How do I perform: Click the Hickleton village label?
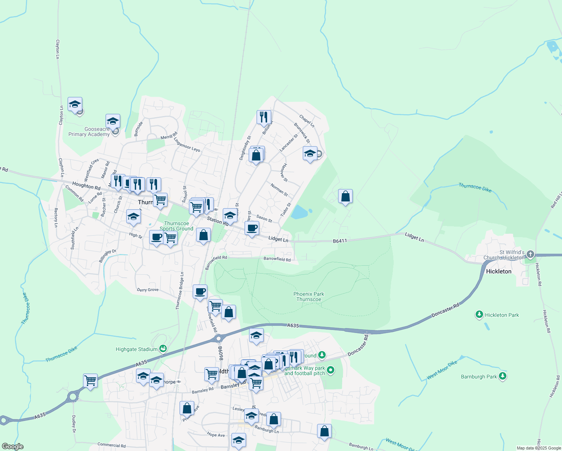click(499, 271)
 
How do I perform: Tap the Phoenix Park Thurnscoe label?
click(309, 297)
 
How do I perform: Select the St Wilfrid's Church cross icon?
click(530, 254)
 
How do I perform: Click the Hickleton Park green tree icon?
click(479, 315)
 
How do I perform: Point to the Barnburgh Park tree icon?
click(503, 376)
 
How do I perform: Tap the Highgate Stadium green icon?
click(163, 349)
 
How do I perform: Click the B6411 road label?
click(340, 241)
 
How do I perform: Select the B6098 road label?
click(221, 353)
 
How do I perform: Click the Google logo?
click(13, 446)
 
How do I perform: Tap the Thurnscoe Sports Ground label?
click(177, 226)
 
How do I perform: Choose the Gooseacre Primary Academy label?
click(89, 132)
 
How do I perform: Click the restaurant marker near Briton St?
click(264, 117)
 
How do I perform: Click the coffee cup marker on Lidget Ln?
click(252, 228)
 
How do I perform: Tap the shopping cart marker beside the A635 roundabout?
click(91, 380)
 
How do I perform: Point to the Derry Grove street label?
click(148, 290)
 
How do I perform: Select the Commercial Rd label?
click(112, 445)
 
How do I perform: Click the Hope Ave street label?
click(216, 434)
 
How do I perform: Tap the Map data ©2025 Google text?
click(539, 448)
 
